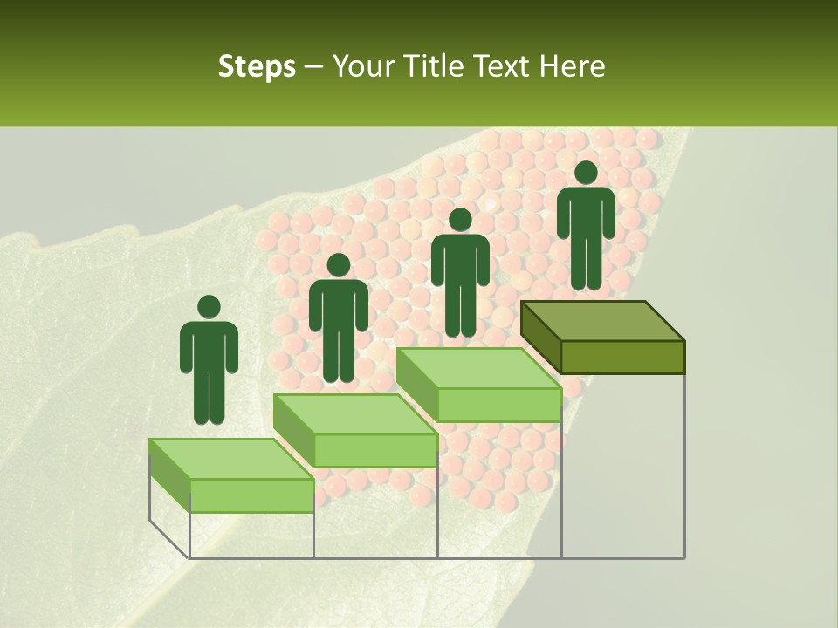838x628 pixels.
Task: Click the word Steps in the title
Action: tap(257, 67)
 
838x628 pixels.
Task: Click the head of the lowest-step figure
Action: tap(209, 307)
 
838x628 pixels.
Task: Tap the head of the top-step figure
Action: tap(586, 173)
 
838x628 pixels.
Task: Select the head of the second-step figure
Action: tap(338, 265)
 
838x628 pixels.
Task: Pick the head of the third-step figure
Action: tap(460, 220)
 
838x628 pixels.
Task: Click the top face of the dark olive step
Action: tap(602, 321)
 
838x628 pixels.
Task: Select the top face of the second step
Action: tap(354, 413)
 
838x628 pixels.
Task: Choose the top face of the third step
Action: tap(478, 368)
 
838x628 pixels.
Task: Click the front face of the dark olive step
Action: tap(622, 357)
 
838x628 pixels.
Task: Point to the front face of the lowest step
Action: tap(251, 495)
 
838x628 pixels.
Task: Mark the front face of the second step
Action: tap(375, 450)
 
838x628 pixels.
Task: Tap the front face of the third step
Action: tap(499, 405)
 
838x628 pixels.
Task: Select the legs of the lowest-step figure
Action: tap(209, 397)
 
